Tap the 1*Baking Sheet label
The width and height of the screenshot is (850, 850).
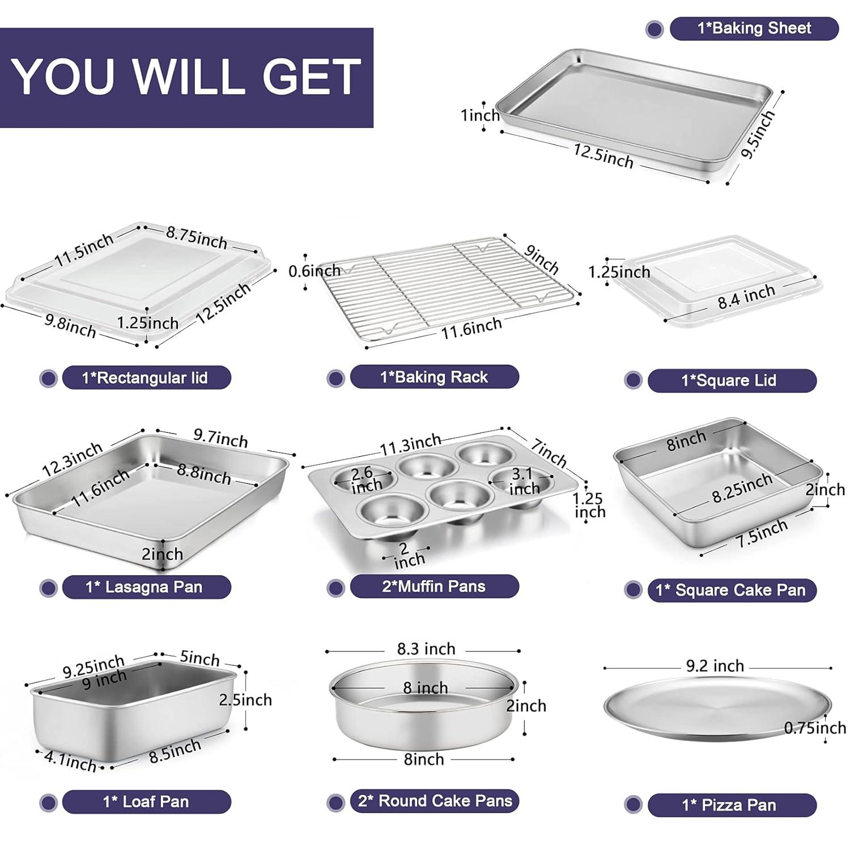point(754,28)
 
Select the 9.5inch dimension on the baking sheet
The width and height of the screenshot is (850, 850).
point(758,135)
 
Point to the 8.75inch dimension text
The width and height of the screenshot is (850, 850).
point(196,237)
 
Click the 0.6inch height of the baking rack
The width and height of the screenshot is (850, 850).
point(314,271)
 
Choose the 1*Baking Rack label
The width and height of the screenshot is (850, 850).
point(434,377)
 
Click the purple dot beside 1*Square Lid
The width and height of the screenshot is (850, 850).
point(633,380)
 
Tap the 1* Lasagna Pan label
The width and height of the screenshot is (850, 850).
point(146,587)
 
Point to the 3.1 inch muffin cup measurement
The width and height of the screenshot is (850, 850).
point(523,481)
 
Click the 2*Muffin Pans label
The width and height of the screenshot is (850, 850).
point(434,586)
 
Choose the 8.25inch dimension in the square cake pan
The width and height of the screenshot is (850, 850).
point(742,488)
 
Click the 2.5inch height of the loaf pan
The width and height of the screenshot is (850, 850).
point(245,700)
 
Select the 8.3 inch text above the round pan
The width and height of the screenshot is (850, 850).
point(426,649)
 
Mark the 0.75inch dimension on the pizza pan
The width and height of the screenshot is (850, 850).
point(815,728)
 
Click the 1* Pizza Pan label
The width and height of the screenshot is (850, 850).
point(732,805)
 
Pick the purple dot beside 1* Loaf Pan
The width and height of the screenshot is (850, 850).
point(49,802)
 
